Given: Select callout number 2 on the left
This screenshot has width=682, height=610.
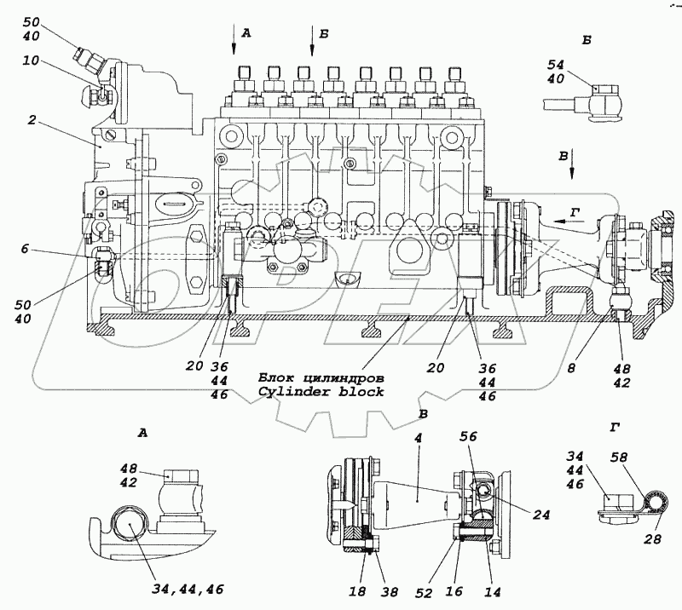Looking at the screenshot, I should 31,121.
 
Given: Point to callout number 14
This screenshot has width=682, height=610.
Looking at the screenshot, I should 490,589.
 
